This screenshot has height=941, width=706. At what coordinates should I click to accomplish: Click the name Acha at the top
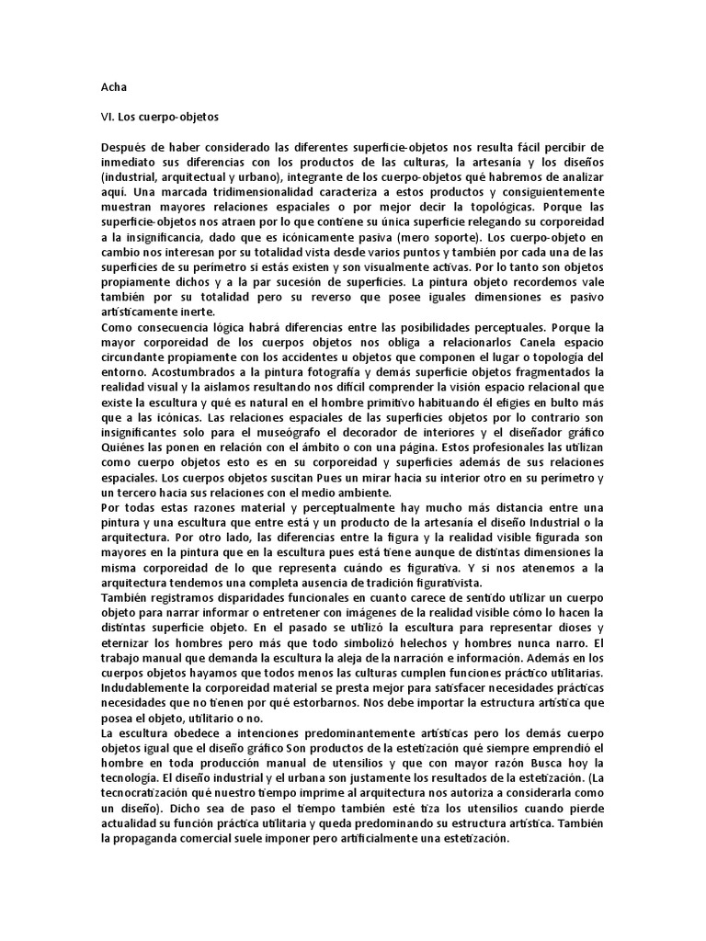point(114,87)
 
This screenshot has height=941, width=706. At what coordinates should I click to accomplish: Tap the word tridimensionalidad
point(263,192)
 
